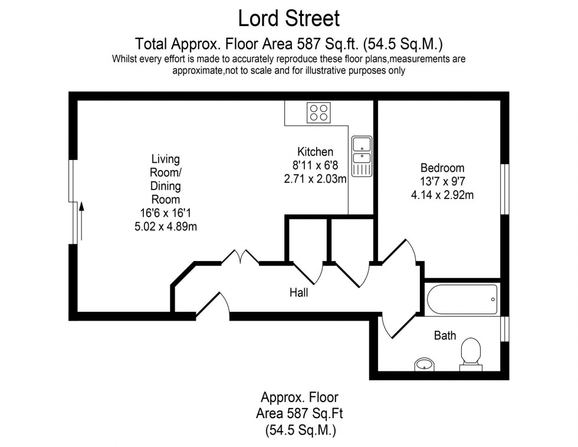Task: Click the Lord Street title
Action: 288,18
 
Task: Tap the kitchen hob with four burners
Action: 319,112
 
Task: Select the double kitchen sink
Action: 361,156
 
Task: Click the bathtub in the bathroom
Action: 462,299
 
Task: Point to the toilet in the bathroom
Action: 471,353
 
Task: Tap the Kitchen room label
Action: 315,152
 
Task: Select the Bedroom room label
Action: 442,168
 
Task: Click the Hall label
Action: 298,292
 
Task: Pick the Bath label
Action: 445,335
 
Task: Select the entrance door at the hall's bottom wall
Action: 212,305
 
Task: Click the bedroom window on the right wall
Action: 505,188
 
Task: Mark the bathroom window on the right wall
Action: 504,329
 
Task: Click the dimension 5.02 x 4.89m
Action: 166,225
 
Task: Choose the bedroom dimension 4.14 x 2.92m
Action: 442,194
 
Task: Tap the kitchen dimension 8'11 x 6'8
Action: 315,165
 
